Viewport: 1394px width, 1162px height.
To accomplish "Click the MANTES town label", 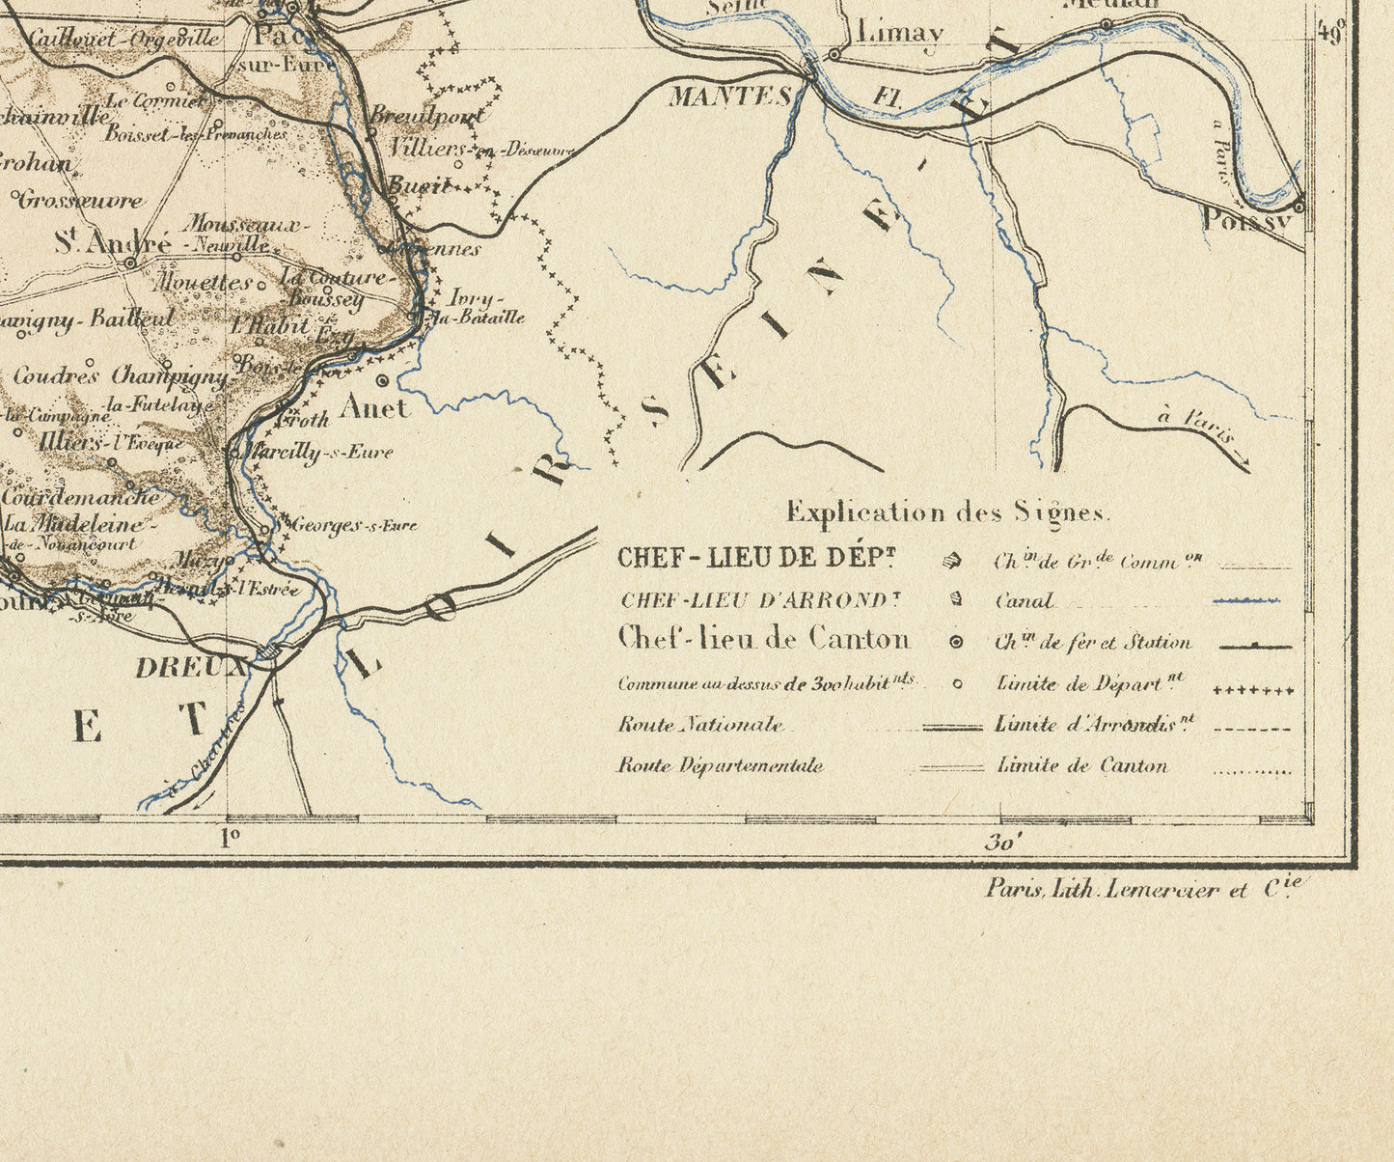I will tap(730, 97).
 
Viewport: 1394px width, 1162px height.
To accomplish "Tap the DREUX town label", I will tap(191, 667).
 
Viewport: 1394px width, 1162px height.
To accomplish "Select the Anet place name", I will tap(375, 408).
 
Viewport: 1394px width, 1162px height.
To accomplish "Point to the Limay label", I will tap(899, 33).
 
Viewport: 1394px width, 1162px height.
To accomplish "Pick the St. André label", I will tap(112, 242).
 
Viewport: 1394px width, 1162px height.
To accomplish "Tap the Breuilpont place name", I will tap(426, 115).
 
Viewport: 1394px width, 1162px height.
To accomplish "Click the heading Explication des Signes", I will tap(948, 512).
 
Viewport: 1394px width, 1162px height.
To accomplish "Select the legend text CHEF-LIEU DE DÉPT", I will tap(756, 558).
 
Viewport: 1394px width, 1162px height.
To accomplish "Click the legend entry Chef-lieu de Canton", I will tap(763, 639).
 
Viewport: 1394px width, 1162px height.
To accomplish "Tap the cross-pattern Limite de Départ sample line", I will tap(1252, 691).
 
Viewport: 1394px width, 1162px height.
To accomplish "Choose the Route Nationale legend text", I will tap(700, 725).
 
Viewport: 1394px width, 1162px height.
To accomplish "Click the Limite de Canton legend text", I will tap(1081, 766).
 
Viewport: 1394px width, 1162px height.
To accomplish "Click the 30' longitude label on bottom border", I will tap(1002, 843).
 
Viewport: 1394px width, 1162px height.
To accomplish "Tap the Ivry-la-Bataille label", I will tap(478, 307).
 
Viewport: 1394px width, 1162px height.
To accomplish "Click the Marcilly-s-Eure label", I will tap(319, 452).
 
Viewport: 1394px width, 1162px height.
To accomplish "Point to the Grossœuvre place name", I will tap(81, 201).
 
